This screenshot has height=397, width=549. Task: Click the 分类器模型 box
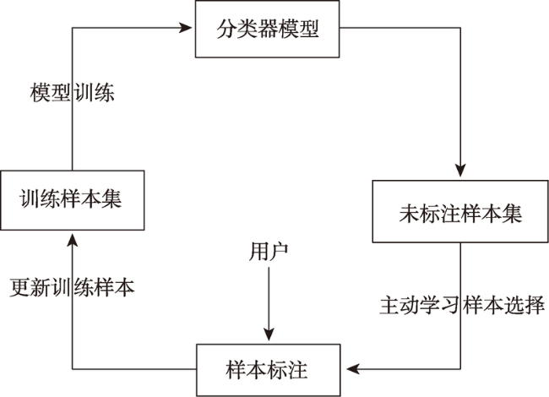pos(267,29)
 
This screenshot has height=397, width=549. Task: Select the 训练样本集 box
pos(73,200)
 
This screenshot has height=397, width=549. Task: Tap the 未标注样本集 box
pos(460,211)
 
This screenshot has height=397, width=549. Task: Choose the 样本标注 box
pos(269,370)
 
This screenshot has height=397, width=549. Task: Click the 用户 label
pos(269,252)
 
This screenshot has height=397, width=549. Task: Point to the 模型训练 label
pos(73,93)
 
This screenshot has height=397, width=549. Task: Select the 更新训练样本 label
pos(72,288)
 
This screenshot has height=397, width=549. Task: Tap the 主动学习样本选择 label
pos(462,305)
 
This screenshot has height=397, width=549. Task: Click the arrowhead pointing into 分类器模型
pos(186,28)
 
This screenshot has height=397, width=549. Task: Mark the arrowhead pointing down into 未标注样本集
pos(460,170)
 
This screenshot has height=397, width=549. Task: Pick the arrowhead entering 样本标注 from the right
pos(353,368)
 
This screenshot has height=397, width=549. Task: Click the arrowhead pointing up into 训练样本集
pos(73,240)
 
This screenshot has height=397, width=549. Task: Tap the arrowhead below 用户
pos(269,334)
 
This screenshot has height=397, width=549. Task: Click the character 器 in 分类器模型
pos(268,29)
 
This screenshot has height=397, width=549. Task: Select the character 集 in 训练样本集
pos(111,198)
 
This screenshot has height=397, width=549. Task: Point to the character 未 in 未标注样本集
pos(409,213)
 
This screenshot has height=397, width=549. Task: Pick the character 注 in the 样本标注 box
pos(297,370)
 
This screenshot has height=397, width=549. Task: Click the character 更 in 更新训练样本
pos(19,288)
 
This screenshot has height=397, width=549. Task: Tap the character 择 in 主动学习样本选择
pos(535,305)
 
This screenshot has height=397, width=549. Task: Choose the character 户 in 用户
pos(279,252)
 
